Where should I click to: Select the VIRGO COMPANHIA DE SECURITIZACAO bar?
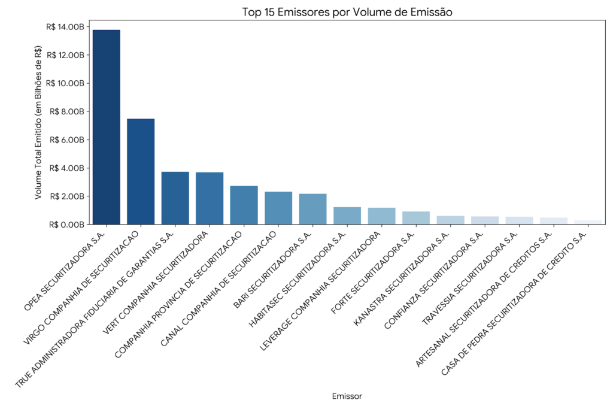coord(141,171)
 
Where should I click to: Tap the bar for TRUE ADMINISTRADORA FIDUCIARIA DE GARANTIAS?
coord(175,198)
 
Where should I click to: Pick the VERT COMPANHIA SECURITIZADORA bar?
coord(210,198)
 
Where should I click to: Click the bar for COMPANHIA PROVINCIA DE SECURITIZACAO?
coord(244,205)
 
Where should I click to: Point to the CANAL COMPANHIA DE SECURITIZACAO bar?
coord(278,208)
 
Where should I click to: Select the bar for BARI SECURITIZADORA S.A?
coord(312,209)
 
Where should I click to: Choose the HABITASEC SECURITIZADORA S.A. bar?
coord(347,216)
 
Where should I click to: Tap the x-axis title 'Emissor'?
coord(347,396)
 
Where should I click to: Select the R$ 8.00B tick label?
coord(66,111)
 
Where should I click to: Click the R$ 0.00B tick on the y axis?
coord(66,225)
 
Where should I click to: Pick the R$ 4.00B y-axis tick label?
coord(66,168)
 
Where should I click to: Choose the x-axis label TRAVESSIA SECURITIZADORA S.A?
coord(471,278)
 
